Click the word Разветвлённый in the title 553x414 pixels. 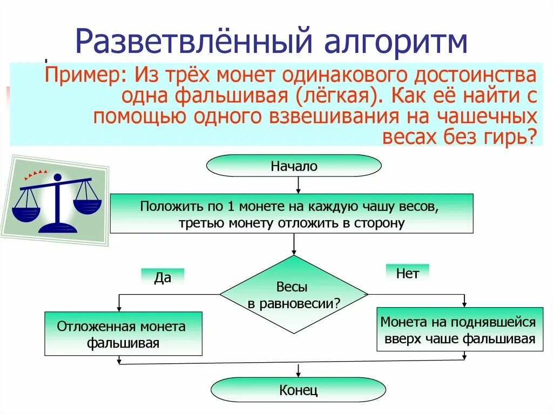click(188, 42)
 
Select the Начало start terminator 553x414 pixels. click(294, 166)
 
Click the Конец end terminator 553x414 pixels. click(298, 390)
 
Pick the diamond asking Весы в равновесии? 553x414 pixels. click(294, 294)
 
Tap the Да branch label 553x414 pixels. click(163, 277)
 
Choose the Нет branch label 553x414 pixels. click(407, 274)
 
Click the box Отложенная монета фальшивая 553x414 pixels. click(123, 334)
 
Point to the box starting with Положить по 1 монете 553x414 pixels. click(292, 214)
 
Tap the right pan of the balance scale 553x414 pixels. click(86, 205)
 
